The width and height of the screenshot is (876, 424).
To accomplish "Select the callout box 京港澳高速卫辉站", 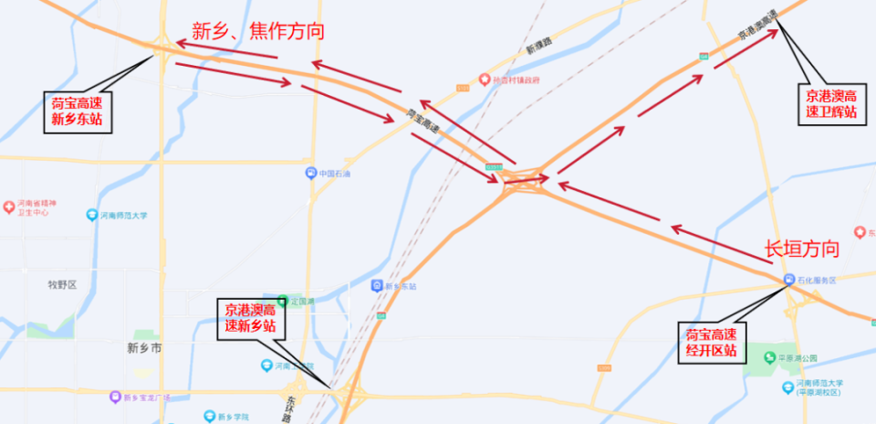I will [830, 102].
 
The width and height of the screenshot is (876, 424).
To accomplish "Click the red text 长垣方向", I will [801, 249].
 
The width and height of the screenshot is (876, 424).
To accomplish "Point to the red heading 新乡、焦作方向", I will [257, 30].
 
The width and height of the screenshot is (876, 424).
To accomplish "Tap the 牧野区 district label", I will [62, 284].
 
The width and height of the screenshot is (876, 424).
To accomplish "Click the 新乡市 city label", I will [144, 348].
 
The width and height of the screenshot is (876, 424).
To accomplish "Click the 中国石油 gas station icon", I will [311, 173].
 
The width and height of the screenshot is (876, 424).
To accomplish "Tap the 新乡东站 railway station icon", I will [376, 286].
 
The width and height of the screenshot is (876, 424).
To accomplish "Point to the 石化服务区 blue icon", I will [788, 280].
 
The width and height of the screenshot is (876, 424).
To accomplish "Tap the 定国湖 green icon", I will [283, 300].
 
